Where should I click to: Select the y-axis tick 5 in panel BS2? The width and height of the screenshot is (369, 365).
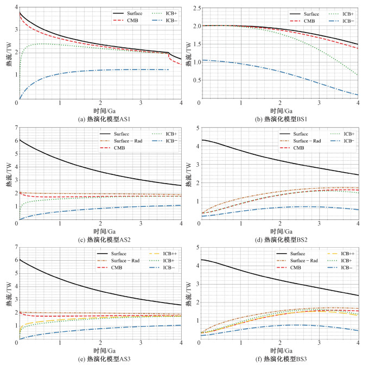point(193,128)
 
